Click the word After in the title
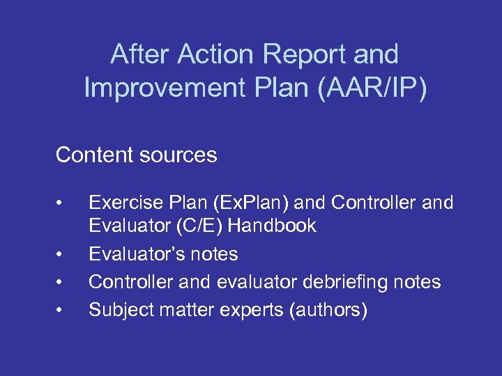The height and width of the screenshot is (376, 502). [141, 54]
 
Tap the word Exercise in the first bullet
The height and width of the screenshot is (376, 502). [123, 203]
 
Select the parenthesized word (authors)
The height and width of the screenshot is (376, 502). [327, 310]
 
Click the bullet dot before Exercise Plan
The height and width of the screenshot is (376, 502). [62, 203]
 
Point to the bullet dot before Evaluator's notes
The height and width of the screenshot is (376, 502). [62, 255]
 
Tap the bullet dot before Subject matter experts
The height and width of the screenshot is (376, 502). [62, 311]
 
